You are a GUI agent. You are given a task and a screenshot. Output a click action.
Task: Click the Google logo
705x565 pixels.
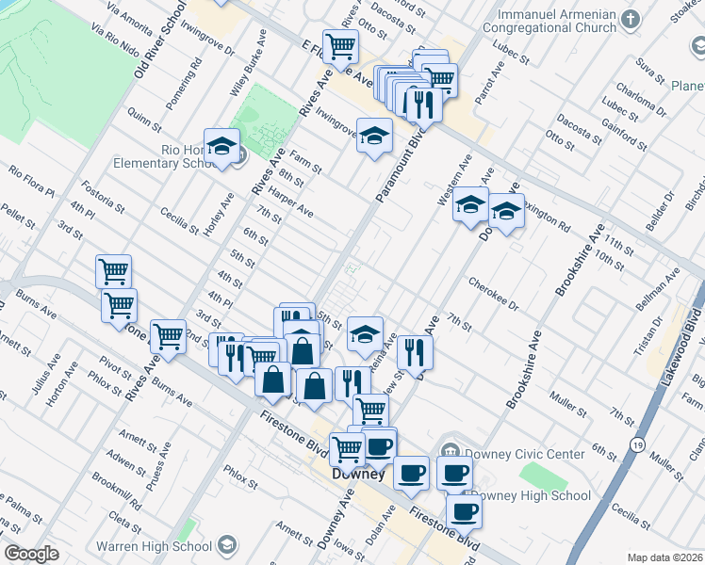pos(30,554)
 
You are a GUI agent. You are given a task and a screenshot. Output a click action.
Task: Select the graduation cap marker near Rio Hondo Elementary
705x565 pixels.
pos(221,145)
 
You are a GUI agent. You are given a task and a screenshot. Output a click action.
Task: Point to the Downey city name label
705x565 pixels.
pos(358,475)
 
